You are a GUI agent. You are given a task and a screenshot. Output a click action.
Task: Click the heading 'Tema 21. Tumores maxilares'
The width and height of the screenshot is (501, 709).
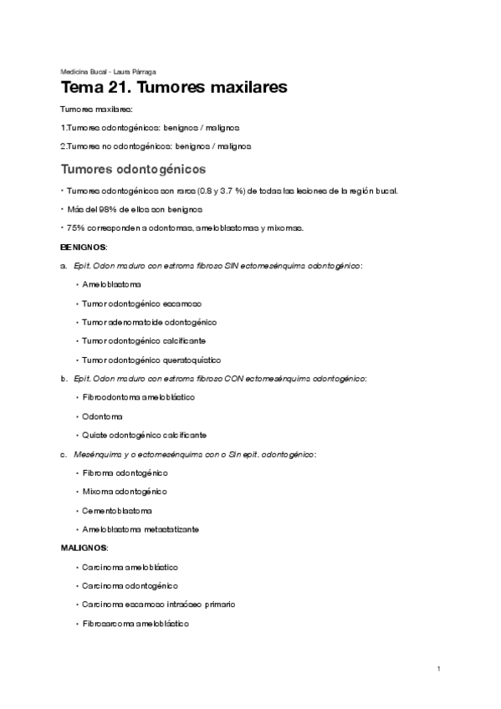174,88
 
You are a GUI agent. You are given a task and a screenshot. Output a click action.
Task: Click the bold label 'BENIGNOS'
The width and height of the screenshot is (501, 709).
84,248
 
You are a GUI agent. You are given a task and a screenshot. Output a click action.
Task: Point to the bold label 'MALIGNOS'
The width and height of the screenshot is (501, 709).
84,548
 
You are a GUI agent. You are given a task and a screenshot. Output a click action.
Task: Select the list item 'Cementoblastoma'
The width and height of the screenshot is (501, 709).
117,510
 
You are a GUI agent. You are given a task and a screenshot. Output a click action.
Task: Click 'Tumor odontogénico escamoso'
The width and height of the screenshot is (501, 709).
141,303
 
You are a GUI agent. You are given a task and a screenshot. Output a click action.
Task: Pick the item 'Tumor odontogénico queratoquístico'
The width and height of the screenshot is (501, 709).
151,360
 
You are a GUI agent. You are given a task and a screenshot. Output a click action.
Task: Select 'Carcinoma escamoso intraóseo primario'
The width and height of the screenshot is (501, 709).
159,604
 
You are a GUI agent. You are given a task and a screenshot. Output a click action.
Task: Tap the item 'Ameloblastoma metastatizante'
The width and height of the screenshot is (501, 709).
141,529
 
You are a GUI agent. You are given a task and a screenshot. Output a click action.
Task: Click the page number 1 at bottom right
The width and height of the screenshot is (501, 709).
439,669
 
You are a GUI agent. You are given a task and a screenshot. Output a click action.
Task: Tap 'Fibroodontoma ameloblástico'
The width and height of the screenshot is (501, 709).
138,397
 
